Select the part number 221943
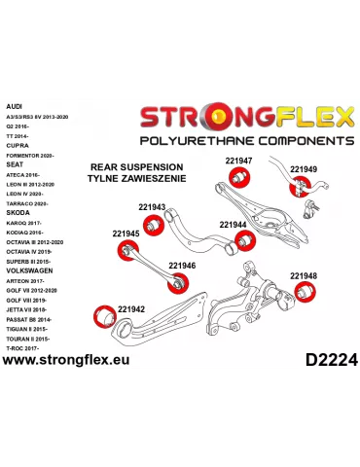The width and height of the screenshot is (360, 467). (152, 206)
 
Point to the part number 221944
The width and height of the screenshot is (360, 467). (233, 224)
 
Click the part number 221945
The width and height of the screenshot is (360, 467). (126, 233)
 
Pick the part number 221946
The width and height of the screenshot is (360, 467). (182, 265)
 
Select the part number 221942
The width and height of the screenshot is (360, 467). (131, 308)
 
